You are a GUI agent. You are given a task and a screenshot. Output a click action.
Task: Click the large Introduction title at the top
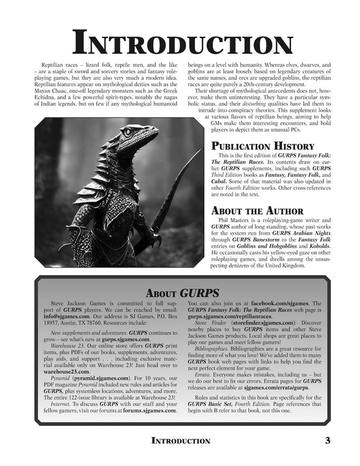point(180,43)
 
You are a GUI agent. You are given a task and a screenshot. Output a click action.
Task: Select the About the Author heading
point(257,210)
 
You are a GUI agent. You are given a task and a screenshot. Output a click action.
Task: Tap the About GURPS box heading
point(180,292)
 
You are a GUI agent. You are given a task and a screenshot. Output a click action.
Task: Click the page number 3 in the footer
point(326,440)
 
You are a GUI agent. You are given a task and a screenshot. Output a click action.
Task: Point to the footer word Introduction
point(181,441)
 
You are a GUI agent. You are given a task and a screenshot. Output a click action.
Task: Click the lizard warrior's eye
point(128,132)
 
